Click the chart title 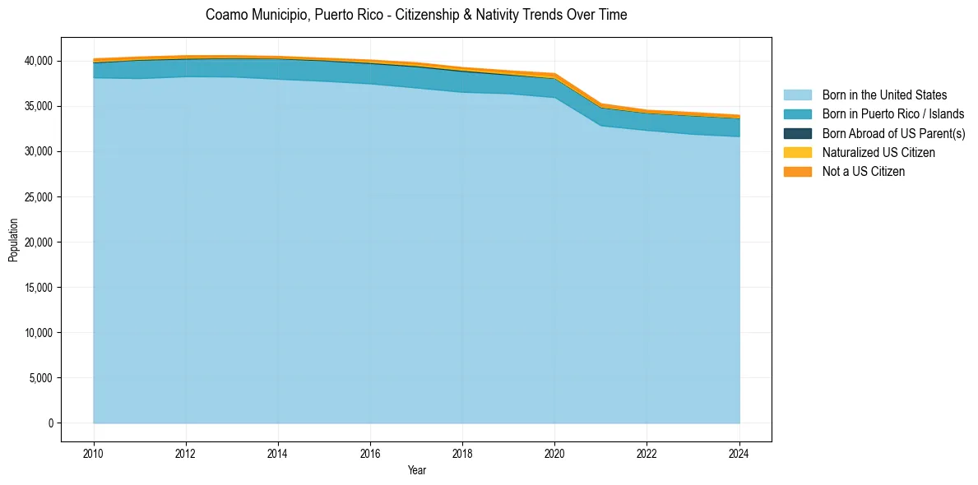tap(416, 15)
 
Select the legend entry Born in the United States tap(884, 95)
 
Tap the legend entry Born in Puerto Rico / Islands tap(892, 114)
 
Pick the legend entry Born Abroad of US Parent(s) tap(893, 133)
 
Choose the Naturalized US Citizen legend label tap(878, 152)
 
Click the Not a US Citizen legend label tap(863, 172)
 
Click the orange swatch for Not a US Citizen tap(797, 172)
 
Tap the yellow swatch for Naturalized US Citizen tap(797, 152)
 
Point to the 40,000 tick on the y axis tap(38, 61)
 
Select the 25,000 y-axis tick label tap(38, 197)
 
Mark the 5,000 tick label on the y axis tap(40, 378)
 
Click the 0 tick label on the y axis tap(50, 423)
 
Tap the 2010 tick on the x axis tap(94, 452)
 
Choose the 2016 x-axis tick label tap(370, 452)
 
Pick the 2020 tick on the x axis tap(554, 452)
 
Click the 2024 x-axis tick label tap(739, 452)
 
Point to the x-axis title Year tap(416, 470)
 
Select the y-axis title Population tap(13, 240)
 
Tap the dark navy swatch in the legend tap(797, 133)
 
